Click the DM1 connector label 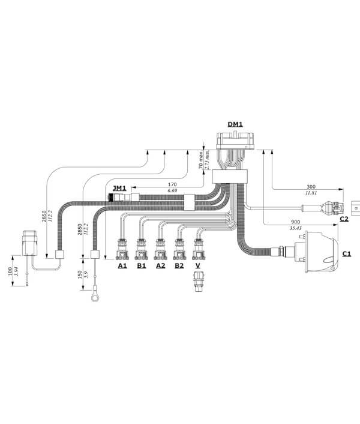235,125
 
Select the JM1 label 119,188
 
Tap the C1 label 347,253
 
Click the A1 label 122,265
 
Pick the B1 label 142,265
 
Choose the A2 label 160,265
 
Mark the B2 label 179,265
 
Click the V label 197,265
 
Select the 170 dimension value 173,184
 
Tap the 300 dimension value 311,187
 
